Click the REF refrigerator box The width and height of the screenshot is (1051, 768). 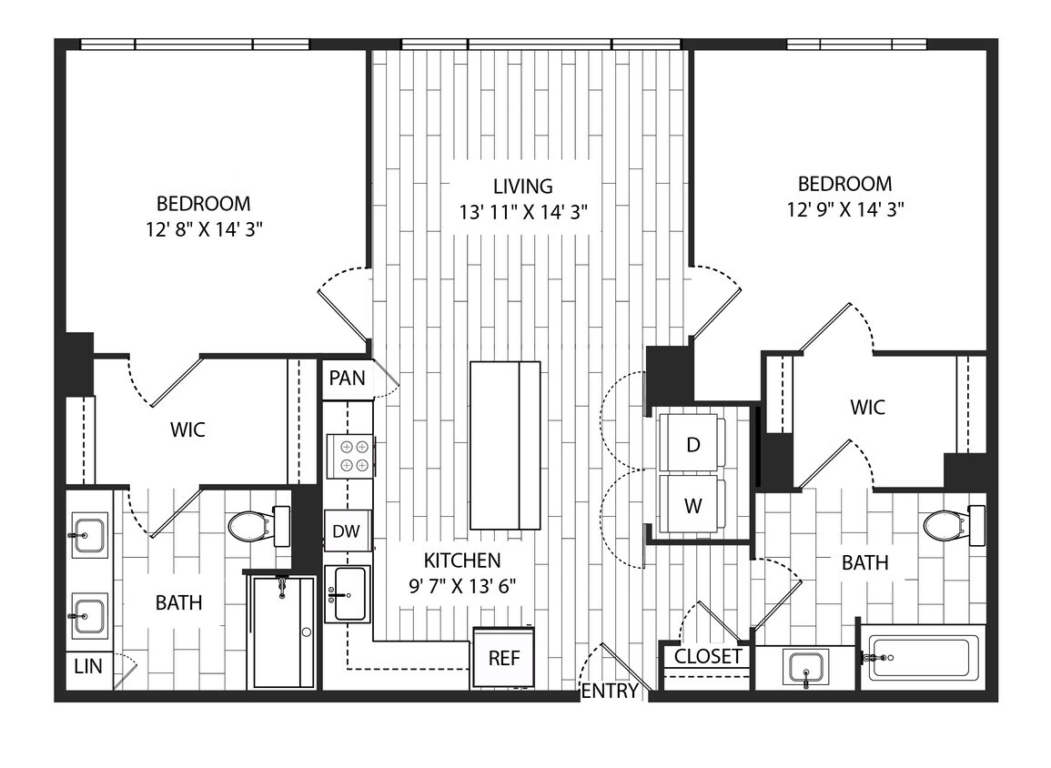point(503,657)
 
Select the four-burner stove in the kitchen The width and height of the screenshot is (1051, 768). point(351,455)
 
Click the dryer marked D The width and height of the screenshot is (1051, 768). point(692,444)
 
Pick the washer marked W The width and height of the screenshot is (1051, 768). point(692,506)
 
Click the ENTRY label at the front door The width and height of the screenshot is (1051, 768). point(610,692)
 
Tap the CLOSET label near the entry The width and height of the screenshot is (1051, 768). point(708,657)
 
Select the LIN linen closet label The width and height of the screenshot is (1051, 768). point(87,666)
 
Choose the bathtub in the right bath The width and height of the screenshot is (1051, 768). point(921,657)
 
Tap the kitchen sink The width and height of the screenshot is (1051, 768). point(347,595)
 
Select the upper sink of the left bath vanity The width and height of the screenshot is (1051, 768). point(89,535)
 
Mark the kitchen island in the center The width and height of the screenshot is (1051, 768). point(505,445)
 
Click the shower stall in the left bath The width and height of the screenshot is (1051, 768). point(283,632)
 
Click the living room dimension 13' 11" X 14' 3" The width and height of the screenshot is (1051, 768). point(523,212)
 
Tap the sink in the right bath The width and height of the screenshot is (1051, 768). point(806,668)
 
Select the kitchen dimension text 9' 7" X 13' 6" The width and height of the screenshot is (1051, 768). point(463,585)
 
